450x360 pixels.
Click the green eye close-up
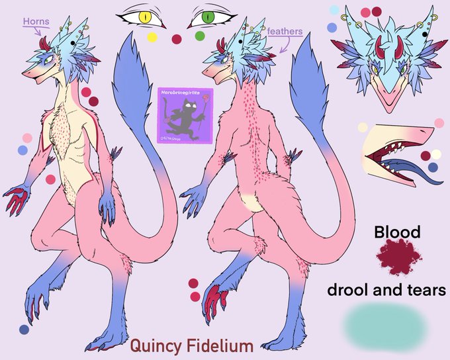coord(208,16)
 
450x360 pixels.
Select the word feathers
coord(285,31)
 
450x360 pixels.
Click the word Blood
coord(397,232)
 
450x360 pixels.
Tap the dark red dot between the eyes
coord(177,39)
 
